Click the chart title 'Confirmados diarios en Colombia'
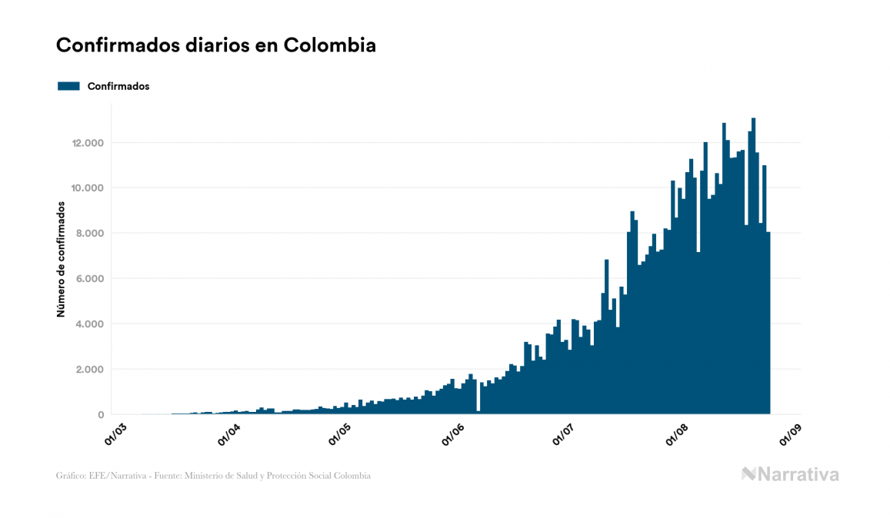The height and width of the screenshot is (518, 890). coord(216,45)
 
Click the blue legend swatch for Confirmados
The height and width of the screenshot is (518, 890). coord(69,86)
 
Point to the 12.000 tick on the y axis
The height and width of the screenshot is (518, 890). coord(88,143)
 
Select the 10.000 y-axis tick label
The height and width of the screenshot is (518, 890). coord(88,188)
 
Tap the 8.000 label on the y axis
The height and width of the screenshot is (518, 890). coord(91,234)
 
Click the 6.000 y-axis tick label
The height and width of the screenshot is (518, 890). coord(91,279)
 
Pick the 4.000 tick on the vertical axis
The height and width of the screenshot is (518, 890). coord(91,324)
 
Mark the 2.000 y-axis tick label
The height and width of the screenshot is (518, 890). coord(91,370)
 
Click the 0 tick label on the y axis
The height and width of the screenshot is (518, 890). coord(101,415)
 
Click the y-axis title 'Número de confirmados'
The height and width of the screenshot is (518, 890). coord(60,260)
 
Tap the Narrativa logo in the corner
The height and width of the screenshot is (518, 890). coord(790,474)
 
